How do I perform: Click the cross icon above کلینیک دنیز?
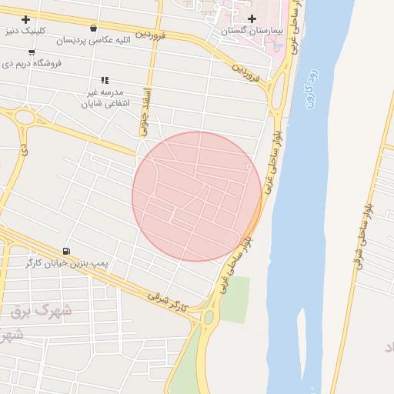(x=25, y=19)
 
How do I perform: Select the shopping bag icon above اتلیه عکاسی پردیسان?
(x=93, y=28)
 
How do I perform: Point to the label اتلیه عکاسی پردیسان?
(x=92, y=40)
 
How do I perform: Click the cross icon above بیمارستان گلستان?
(x=252, y=18)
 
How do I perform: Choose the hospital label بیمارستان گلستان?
(x=252, y=31)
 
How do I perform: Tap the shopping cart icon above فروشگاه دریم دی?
(x=31, y=52)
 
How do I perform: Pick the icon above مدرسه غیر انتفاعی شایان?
(x=105, y=80)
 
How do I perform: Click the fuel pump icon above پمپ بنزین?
(x=66, y=251)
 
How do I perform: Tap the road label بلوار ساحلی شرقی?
(x=362, y=235)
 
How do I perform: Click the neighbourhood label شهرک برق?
(x=42, y=311)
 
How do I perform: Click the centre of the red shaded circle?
(x=197, y=196)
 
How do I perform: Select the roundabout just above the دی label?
(x=25, y=118)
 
